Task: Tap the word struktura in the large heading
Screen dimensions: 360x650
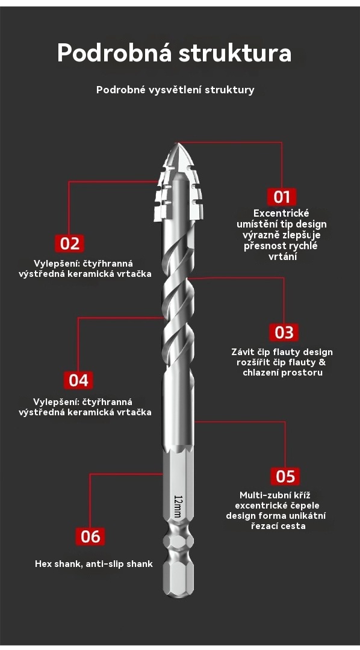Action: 235,54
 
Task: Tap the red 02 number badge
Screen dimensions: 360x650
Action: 70,243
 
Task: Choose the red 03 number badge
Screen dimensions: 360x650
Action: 284,332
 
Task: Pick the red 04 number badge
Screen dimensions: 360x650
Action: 79,380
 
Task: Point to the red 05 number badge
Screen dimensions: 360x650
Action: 285,476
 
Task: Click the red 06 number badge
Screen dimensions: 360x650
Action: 90,537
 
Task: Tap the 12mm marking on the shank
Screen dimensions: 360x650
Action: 178,506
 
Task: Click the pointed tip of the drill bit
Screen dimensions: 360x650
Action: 177,143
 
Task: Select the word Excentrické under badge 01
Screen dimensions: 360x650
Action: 282,214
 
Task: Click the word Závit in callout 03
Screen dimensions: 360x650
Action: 241,352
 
